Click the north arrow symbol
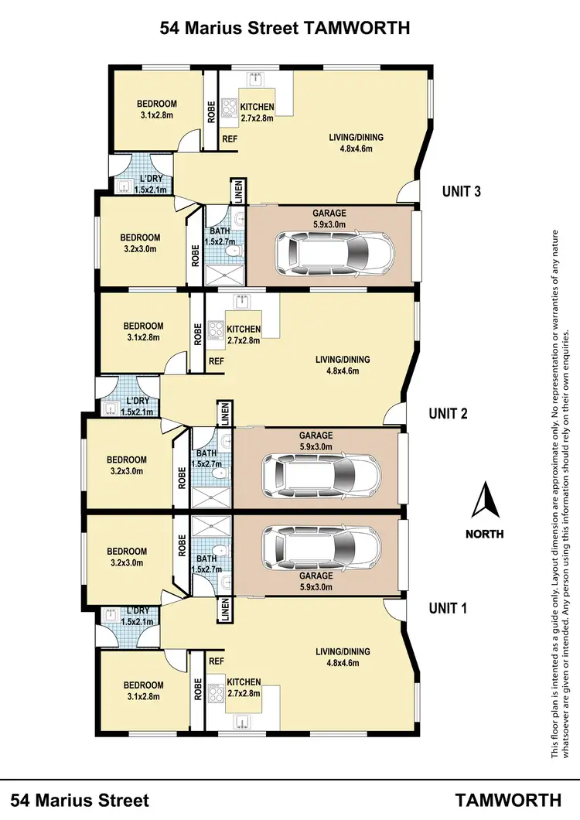pos(485,501)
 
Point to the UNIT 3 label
pos(462,191)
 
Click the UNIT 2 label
pos(449,414)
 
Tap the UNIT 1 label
pos(449,608)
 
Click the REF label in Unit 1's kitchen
pos(217,661)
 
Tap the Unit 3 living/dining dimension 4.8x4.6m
pos(356,149)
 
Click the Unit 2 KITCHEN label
pos(244,330)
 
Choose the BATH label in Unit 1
pos(206,559)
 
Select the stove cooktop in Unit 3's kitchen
pos(229,112)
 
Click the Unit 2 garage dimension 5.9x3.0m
pos(316,446)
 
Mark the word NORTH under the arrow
pos(485,534)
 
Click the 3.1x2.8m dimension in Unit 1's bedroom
pos(143,696)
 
